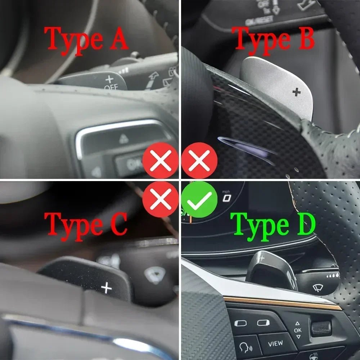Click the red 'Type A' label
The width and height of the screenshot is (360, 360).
(86, 39)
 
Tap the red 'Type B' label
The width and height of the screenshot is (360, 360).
(273, 39)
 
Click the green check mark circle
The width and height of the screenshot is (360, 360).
(199, 199)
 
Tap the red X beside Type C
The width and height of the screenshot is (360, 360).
(161, 199)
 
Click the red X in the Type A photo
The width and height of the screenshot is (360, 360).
(161, 161)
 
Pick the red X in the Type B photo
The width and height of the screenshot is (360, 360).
(199, 161)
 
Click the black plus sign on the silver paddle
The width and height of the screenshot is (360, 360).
(296, 92)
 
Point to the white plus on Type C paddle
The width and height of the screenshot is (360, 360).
(106, 288)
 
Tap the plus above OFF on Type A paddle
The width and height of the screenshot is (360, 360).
(109, 79)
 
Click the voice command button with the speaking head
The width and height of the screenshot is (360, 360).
(246, 348)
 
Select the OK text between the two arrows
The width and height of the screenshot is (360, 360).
(298, 330)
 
